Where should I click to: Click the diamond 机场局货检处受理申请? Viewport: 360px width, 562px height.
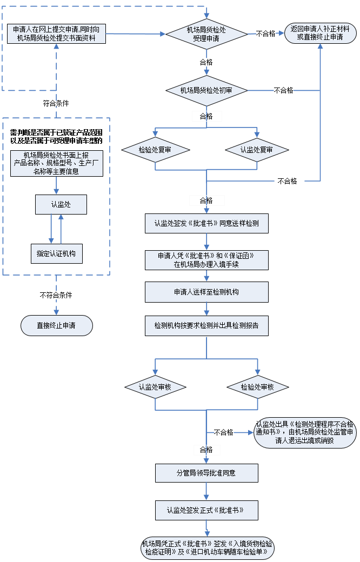(x=206, y=34)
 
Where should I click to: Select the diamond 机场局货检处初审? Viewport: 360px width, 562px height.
(x=206, y=90)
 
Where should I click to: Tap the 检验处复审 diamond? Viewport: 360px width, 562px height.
(x=155, y=150)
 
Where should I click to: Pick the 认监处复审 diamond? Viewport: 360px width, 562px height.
(x=257, y=150)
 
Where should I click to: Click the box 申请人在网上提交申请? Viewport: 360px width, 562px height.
(x=56, y=34)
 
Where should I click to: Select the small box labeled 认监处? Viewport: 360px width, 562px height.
(x=61, y=204)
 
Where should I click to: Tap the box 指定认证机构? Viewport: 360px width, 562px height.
(x=56, y=253)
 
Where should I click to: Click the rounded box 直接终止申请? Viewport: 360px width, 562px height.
(x=56, y=325)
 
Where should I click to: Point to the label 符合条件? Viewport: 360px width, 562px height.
(x=56, y=103)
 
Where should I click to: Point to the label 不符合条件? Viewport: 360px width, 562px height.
(x=56, y=296)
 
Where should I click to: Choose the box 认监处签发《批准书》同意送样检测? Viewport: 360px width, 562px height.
(x=206, y=223)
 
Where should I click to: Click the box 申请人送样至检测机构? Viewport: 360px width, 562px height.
(x=206, y=292)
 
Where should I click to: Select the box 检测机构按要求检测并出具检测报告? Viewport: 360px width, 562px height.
(x=206, y=326)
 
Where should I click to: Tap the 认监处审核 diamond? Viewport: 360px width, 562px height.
(x=155, y=387)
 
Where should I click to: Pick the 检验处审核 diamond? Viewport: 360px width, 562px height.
(x=257, y=387)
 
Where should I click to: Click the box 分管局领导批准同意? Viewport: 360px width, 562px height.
(x=206, y=473)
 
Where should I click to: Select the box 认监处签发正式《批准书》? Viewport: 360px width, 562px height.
(x=206, y=510)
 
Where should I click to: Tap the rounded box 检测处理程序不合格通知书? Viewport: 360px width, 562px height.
(x=305, y=432)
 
